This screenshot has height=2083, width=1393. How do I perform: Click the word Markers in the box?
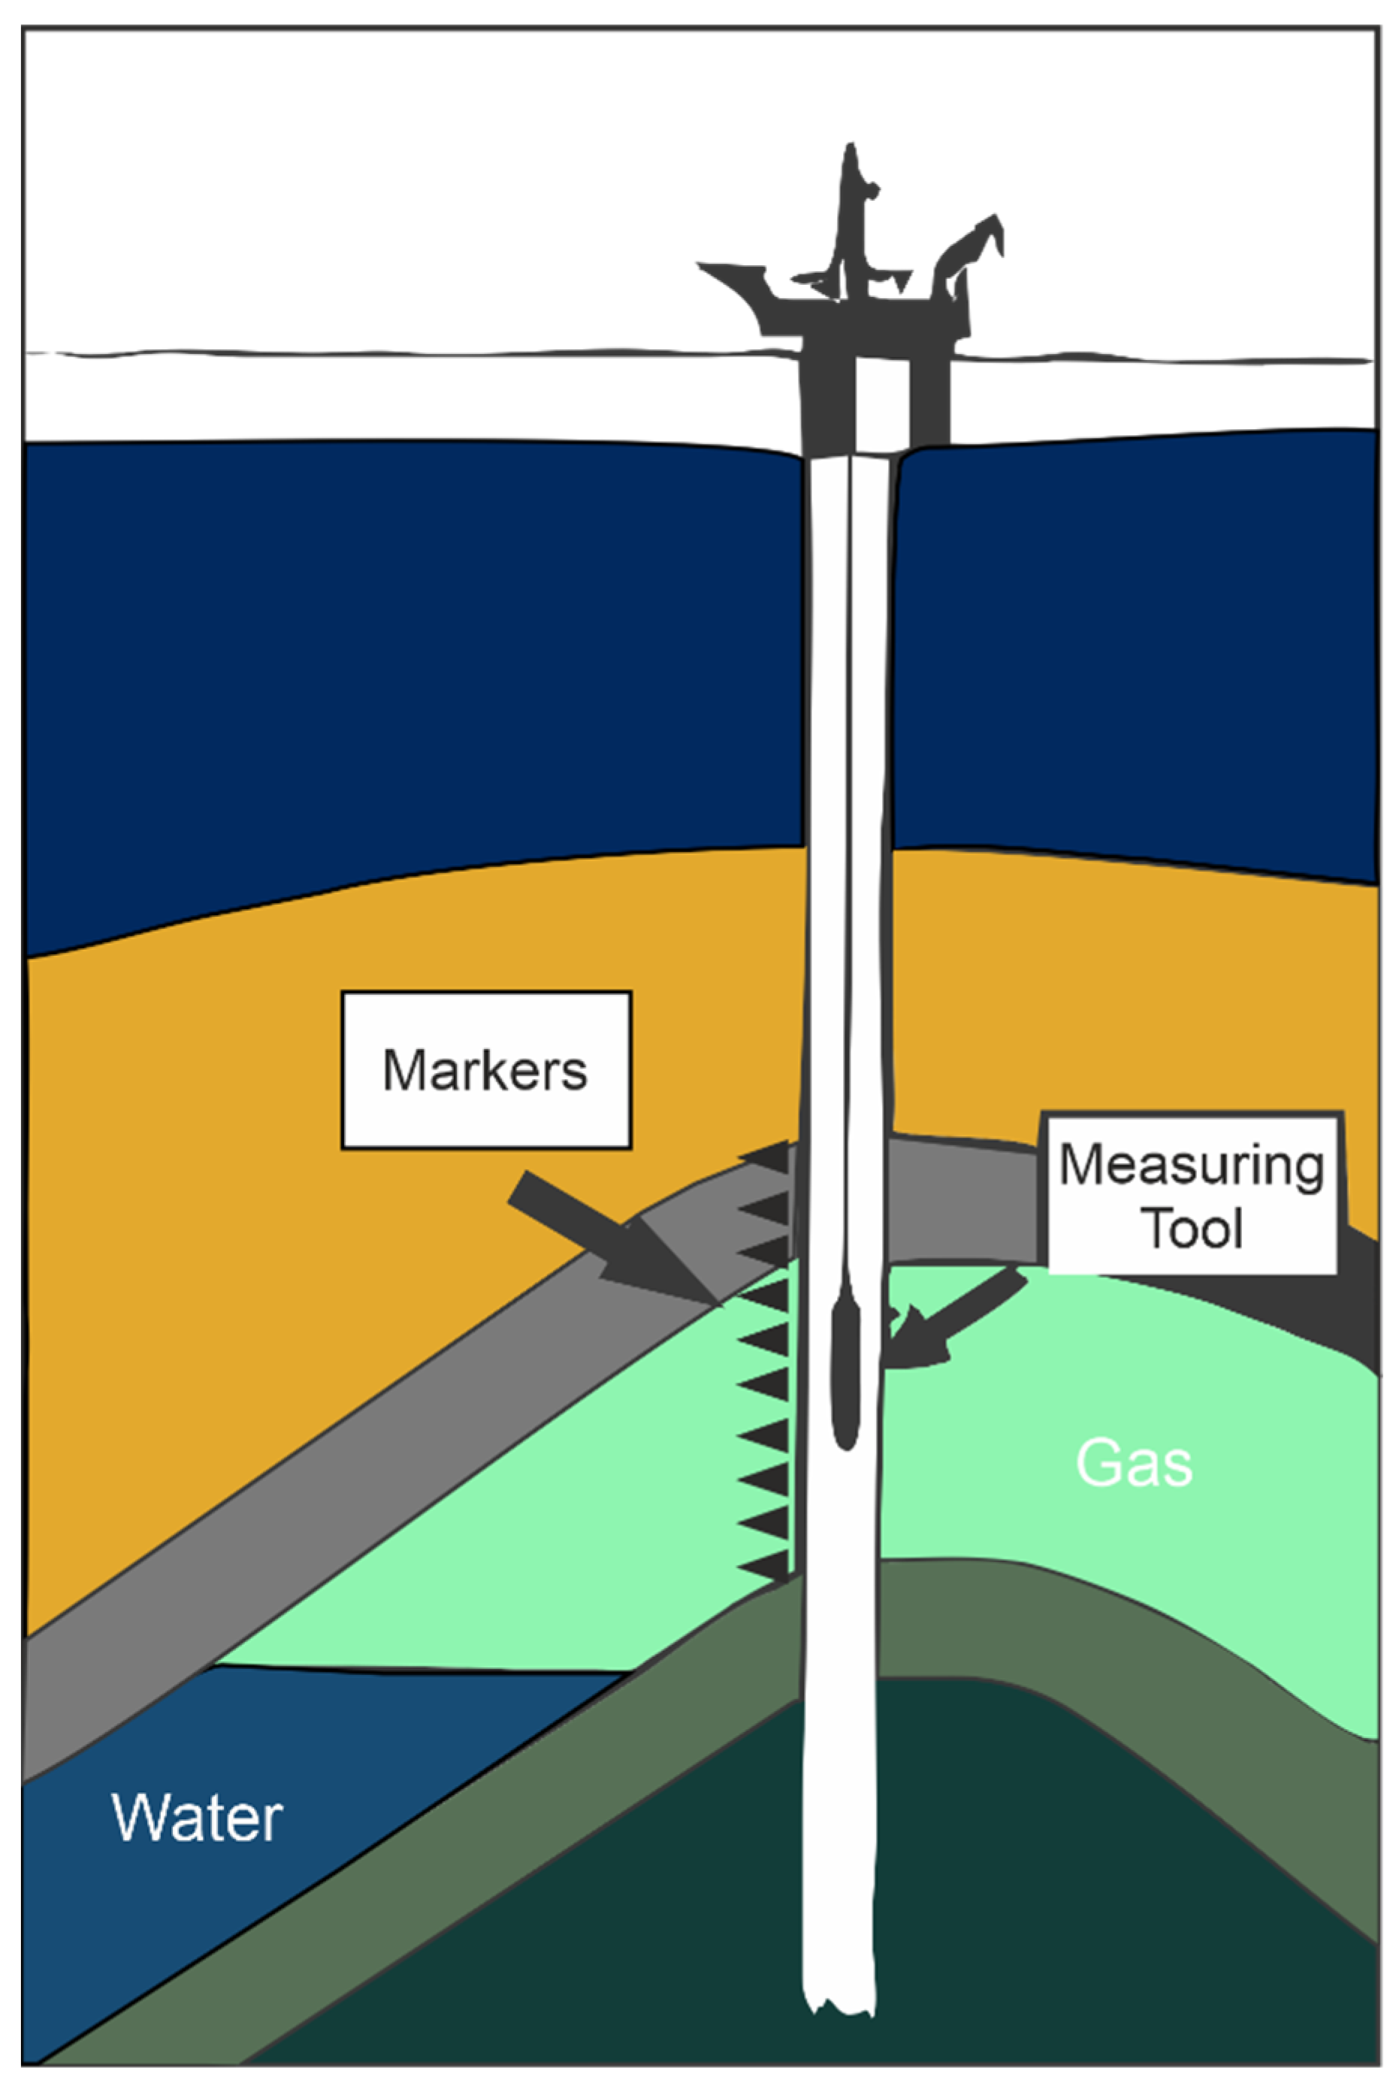485,1070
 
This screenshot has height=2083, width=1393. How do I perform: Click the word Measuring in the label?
1192,1165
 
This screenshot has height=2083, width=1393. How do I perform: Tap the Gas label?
1134,1463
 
